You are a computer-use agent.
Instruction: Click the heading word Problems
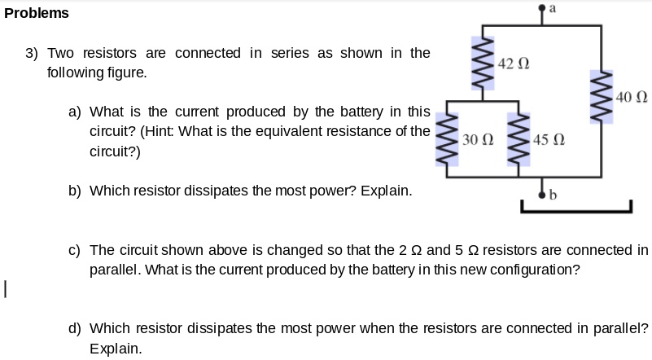(x=37, y=13)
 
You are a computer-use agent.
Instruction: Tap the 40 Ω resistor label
(x=632, y=99)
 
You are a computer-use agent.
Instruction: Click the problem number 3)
(x=32, y=53)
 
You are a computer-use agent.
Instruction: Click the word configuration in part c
(x=533, y=270)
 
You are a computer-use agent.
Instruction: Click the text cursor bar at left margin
(x=5, y=288)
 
